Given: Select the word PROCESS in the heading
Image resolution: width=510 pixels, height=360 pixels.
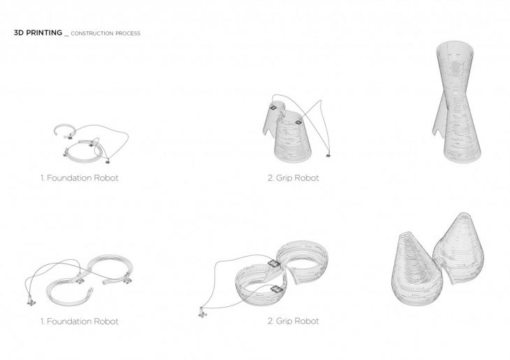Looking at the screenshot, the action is point(128,33).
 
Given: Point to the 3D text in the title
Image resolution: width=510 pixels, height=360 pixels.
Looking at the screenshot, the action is point(19,33).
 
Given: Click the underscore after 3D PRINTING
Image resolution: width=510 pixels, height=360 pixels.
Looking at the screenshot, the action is point(66,36).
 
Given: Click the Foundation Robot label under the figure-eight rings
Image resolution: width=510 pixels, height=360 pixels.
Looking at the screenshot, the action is point(80,322).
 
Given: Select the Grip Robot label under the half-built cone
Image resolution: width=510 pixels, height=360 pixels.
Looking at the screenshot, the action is point(293,178).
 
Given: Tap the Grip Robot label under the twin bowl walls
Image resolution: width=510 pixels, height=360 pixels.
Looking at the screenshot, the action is point(293,321).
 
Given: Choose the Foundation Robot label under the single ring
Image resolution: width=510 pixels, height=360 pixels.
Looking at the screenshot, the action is point(80,178).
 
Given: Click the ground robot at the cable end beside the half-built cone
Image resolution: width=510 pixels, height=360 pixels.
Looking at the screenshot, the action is point(328,155).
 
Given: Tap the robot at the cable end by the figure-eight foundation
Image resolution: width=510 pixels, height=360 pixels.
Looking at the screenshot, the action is point(31,303).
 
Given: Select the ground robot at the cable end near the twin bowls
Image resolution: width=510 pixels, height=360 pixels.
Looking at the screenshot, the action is point(203,312).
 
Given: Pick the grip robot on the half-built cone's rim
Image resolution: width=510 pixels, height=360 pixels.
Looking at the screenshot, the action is point(298,122).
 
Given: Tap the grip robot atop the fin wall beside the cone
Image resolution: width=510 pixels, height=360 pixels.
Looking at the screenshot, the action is point(273,107).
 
